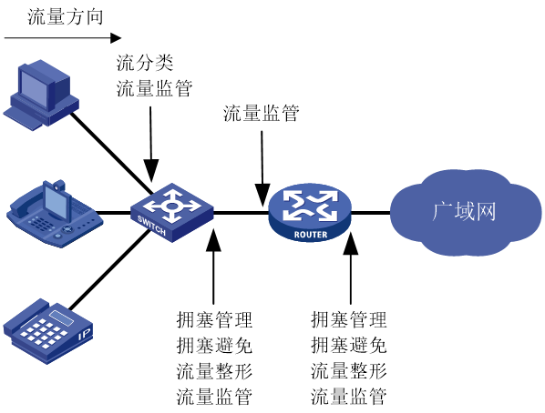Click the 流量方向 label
(66, 17)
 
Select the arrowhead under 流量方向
(116, 38)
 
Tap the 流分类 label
(145, 63)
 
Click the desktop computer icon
(41, 95)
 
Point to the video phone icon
(54, 213)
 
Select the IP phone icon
(48, 331)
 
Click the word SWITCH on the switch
(151, 226)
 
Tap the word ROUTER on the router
(311, 235)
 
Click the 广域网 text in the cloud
(464, 211)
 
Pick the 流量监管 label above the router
(261, 113)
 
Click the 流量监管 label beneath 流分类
(154, 88)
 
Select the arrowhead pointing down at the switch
(151, 170)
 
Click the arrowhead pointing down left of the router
(262, 195)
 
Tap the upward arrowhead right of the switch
(213, 239)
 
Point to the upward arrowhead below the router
(351, 244)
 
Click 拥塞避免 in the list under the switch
(214, 346)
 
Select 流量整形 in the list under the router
(349, 370)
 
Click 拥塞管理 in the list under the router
(349, 319)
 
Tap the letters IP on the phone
(85, 335)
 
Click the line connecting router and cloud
(371, 212)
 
